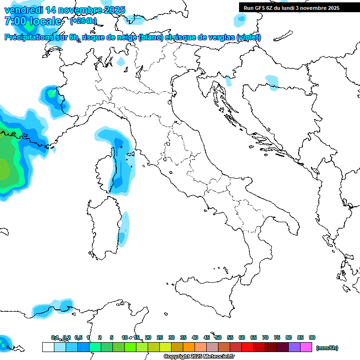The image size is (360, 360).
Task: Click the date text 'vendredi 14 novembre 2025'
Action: tap(65, 10)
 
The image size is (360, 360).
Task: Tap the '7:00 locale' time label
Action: tap(33, 21)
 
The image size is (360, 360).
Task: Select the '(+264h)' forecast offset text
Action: tap(83, 21)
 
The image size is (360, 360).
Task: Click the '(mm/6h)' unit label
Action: tap(327, 348)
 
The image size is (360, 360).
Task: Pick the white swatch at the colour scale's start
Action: tap(48, 347)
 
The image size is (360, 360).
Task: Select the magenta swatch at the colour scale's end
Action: tap(306, 347)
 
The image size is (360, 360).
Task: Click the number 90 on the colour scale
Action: tap(312, 337)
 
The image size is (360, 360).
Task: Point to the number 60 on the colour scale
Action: tap(242, 337)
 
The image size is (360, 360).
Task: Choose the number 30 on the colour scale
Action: tap(172, 337)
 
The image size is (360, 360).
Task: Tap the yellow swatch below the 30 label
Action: tap(165, 347)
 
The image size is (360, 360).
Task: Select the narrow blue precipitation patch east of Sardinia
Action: tap(124, 230)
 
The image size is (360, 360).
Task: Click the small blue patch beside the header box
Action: tap(240, 19)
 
